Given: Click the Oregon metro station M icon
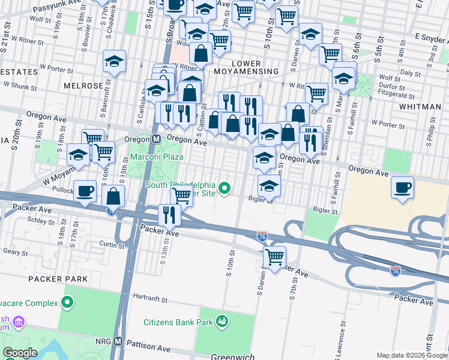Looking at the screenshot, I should click(155, 139).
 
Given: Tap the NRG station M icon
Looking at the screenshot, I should click(118, 341).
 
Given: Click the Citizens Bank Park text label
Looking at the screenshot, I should click(175, 322).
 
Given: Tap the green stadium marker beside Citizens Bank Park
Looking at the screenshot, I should click(222, 322).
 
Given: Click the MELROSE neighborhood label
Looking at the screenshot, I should click(83, 86).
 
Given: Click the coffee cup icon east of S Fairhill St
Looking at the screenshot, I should click(402, 187).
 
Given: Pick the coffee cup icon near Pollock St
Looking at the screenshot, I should click(85, 190).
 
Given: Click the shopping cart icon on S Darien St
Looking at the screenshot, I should click(274, 257).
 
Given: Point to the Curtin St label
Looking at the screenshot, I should click(112, 245).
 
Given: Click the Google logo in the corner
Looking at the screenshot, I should click(20, 353).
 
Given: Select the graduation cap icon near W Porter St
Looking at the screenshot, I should click(114, 61).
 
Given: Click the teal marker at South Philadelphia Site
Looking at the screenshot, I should click(225, 189).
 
